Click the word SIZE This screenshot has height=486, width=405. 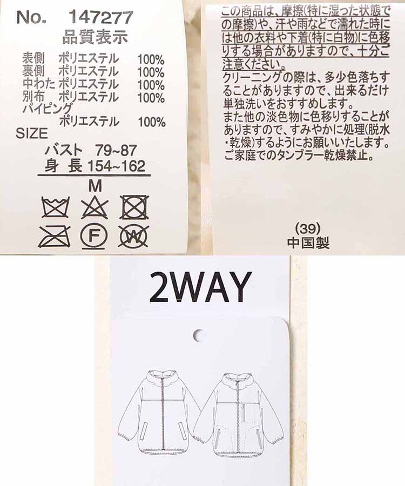[32, 133]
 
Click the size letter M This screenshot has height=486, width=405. [94, 185]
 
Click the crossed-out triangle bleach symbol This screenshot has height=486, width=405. [94, 207]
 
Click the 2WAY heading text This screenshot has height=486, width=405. [200, 287]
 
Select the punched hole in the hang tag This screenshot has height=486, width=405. [200, 335]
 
